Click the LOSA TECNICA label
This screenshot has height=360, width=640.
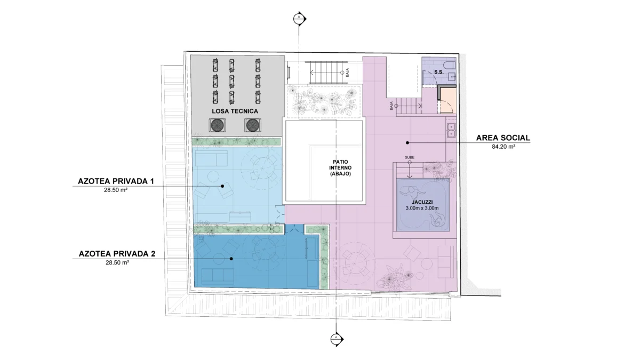(235, 111)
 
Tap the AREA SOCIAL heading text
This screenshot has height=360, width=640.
(503, 138)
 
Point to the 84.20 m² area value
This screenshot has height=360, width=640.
(503, 147)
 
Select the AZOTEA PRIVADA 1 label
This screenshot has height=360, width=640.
(116, 181)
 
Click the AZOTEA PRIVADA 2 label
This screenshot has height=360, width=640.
(117, 254)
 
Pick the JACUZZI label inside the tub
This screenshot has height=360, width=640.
(422, 203)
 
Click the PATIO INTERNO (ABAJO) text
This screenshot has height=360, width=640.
(340, 167)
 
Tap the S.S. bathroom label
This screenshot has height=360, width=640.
(439, 73)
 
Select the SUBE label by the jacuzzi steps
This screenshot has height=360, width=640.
(410, 157)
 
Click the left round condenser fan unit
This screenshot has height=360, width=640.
(217, 125)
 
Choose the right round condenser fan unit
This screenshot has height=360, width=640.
(253, 125)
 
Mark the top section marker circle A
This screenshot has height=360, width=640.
(299, 19)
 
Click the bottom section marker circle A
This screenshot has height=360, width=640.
(336, 339)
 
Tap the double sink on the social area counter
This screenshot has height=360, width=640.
(451, 130)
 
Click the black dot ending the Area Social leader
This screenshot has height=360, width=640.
(407, 142)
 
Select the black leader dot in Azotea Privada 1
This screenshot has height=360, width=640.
(222, 186)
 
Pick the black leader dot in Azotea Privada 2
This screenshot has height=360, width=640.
(231, 259)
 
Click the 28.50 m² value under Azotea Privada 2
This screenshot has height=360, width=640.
(117, 262)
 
